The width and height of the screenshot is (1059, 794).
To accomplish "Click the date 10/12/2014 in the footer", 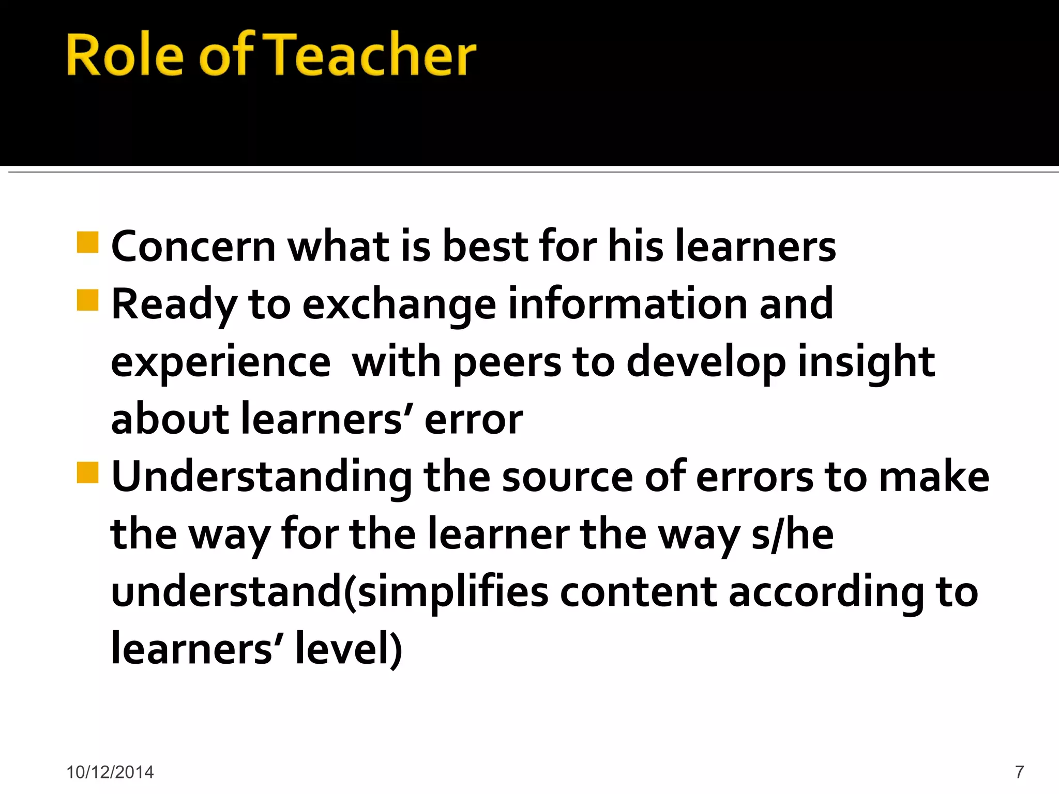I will coord(110,772).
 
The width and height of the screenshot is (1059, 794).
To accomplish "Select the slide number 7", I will coord(1019,772).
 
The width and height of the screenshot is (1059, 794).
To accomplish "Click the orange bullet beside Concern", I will coord(87,242).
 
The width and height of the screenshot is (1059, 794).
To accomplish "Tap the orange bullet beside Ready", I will coord(87,300).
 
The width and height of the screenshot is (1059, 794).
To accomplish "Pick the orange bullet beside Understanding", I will coord(87,472).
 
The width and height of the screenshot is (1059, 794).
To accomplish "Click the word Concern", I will coord(193,247).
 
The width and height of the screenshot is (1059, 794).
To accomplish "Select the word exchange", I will coord(399,305).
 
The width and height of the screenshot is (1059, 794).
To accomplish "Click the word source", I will coord(567,477).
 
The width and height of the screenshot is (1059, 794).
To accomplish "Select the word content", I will coord(638,592).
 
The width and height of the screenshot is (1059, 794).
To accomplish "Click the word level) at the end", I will coord(349,649).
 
